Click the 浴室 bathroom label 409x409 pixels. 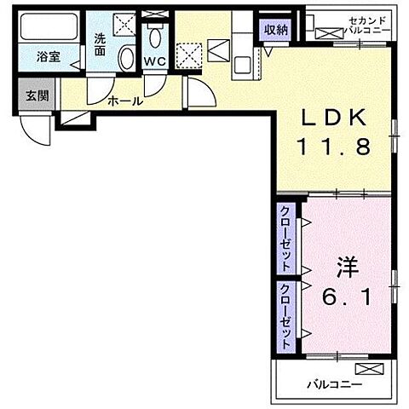tap(49, 57)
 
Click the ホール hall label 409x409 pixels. tap(124, 101)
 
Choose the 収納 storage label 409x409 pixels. tap(277, 30)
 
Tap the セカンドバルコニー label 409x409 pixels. tap(362, 25)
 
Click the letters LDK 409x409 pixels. tap(332, 118)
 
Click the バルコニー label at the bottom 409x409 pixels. tap(334, 385)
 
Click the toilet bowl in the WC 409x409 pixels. tap(154, 37)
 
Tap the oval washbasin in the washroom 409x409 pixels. tap(126, 59)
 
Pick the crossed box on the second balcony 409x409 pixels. tap(326, 33)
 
